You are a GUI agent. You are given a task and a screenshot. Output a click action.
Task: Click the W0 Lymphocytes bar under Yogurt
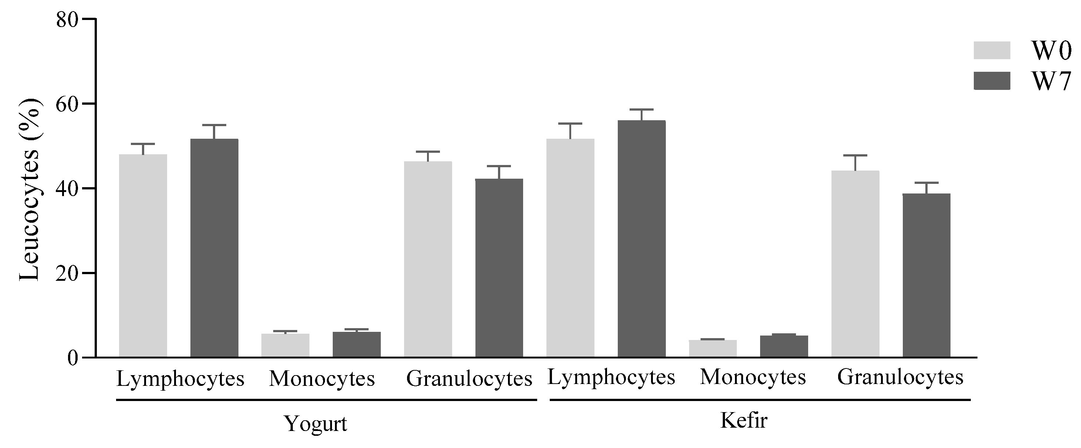pyautogui.click(x=143, y=256)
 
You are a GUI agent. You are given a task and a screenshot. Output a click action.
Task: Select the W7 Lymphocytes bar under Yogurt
pyautogui.click(x=214, y=248)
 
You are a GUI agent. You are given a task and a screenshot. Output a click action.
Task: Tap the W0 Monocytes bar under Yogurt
pyautogui.click(x=285, y=345)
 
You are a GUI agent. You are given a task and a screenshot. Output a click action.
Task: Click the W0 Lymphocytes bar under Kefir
pyautogui.click(x=570, y=248)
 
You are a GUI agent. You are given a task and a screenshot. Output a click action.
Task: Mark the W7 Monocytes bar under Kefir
pyautogui.click(x=784, y=346)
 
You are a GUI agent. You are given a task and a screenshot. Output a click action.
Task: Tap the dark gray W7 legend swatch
pyautogui.click(x=992, y=81)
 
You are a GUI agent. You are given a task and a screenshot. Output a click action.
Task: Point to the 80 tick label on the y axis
pyautogui.click(x=68, y=19)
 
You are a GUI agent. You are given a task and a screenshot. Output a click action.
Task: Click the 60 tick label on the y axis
pyautogui.click(x=68, y=104)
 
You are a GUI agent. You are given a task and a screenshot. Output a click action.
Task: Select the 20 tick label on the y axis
pyautogui.click(x=68, y=273)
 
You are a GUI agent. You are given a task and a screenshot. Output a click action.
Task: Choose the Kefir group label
pyautogui.click(x=743, y=420)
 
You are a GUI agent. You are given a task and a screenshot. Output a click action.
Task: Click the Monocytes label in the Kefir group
pyautogui.click(x=753, y=377)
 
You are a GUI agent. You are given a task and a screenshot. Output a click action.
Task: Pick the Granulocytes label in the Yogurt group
pyautogui.click(x=469, y=379)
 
